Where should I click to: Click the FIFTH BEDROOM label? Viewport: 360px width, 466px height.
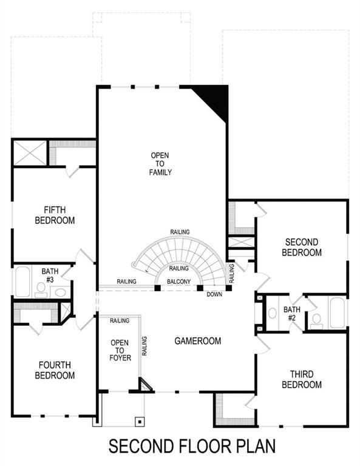(55, 215)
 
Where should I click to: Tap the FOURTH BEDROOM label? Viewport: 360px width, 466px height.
(55, 370)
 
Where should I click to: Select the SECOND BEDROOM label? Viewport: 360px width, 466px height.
(302, 247)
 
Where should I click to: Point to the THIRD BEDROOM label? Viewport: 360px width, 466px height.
(302, 380)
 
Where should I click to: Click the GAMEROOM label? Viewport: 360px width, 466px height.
(198, 341)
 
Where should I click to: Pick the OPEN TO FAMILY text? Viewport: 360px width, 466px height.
(161, 164)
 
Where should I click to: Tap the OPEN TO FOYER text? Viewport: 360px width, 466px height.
(120, 351)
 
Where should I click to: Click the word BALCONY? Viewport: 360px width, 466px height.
(179, 282)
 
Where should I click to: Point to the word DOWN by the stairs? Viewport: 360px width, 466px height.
(214, 294)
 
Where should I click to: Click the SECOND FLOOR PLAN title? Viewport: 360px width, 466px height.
(192, 446)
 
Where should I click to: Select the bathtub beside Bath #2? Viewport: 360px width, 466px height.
(337, 312)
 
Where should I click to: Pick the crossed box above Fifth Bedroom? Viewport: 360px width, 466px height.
(30, 152)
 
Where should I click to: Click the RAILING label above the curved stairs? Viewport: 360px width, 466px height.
(180, 232)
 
